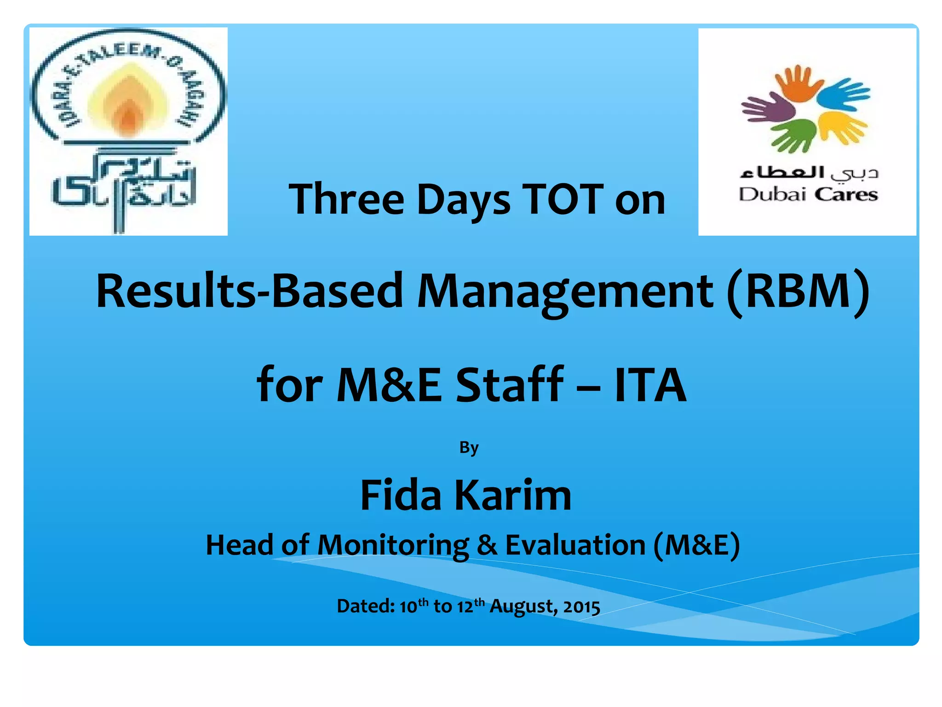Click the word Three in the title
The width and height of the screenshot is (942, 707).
click(x=346, y=199)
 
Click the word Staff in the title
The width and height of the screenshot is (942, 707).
click(x=509, y=384)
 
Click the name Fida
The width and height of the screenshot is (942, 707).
click(x=401, y=495)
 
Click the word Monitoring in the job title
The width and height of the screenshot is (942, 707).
click(x=393, y=546)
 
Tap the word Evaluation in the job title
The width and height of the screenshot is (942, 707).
click(x=575, y=545)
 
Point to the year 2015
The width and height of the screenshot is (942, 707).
click(x=581, y=607)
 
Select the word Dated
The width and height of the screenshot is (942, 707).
click(x=366, y=606)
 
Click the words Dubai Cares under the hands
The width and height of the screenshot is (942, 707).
click(x=808, y=195)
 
